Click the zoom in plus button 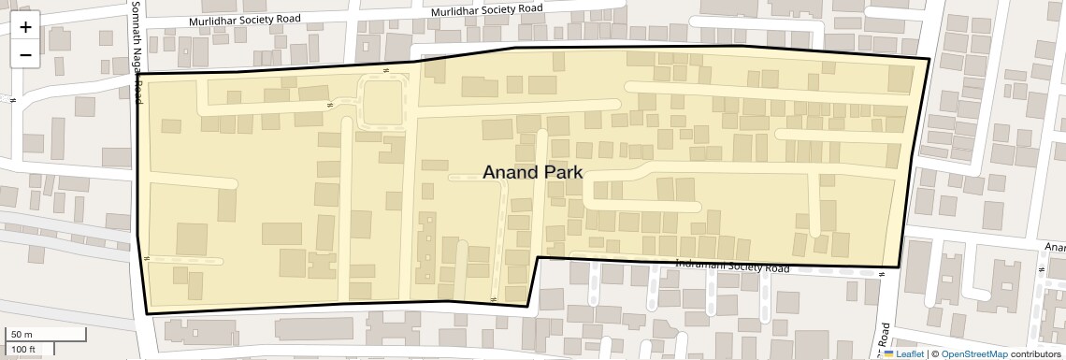pos(25,27)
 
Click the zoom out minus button pos(25,54)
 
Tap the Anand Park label pos(532,172)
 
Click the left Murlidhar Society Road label pos(245,20)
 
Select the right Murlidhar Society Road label pos(488,9)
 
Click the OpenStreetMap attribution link pos(973,353)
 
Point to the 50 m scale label pos(22,335)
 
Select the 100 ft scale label pos(23,350)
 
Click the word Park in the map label pos(558,172)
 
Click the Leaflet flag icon pos(888,353)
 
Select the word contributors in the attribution pos(1035,353)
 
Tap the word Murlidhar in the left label pos(213,21)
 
